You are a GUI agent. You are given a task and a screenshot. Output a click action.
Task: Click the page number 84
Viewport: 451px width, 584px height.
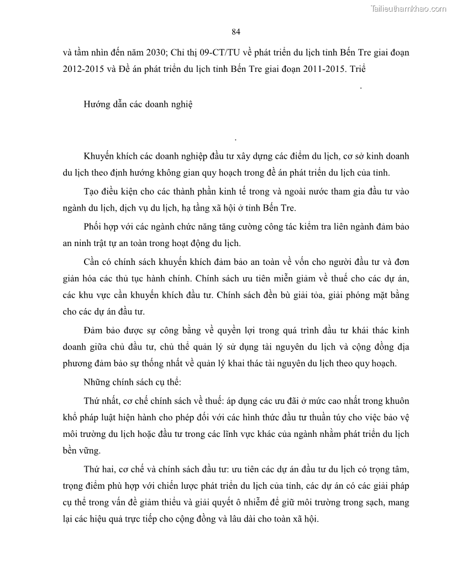click(236, 32)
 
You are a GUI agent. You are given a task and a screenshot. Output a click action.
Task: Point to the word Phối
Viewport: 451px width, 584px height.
click(93, 227)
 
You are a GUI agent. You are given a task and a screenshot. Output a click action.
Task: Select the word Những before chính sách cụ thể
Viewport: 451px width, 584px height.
click(97, 383)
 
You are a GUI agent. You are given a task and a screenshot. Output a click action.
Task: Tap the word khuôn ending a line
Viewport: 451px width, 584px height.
click(396, 400)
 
